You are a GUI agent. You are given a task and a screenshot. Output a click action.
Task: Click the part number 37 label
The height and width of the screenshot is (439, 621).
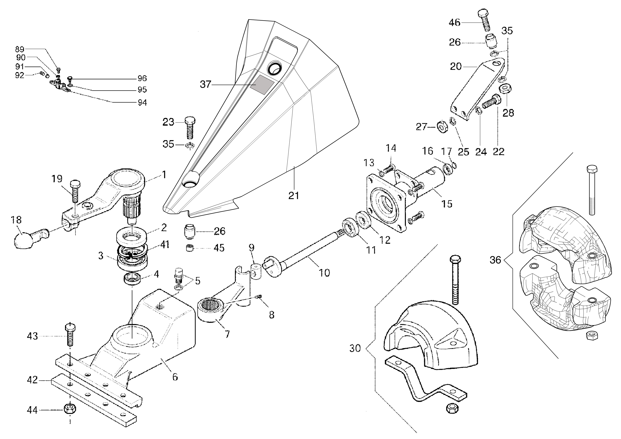point(205,84)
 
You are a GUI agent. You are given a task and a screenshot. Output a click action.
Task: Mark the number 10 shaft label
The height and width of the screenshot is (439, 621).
point(324,273)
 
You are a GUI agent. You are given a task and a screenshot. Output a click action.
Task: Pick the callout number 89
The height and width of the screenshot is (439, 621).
point(20,49)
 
